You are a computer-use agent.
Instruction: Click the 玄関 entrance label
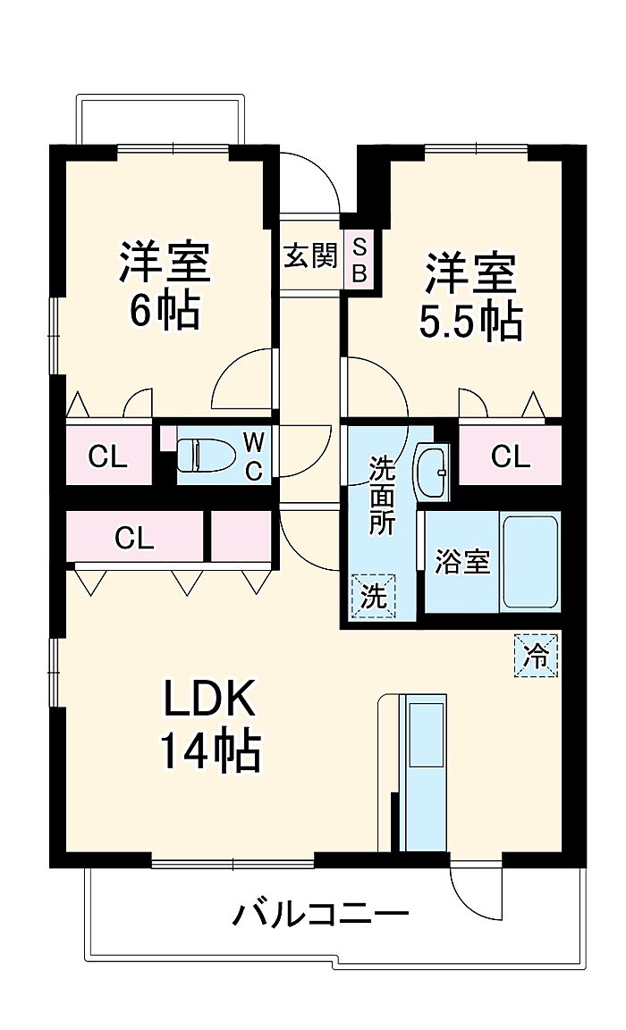(x=310, y=255)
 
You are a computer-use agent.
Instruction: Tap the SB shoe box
(x=359, y=259)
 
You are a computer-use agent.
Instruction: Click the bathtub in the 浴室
(x=530, y=563)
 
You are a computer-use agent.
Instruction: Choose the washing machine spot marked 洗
(x=374, y=597)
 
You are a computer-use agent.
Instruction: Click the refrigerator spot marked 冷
(x=536, y=654)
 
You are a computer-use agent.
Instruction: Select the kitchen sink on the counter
(x=426, y=734)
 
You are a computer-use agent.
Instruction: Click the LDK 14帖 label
(x=210, y=725)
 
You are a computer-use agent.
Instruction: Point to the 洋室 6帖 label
(x=165, y=285)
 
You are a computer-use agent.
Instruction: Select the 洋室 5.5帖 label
(x=470, y=296)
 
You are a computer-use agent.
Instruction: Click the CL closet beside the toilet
(x=109, y=456)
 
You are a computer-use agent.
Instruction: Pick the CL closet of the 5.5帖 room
(x=511, y=456)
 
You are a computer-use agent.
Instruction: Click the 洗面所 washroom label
(x=381, y=494)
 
